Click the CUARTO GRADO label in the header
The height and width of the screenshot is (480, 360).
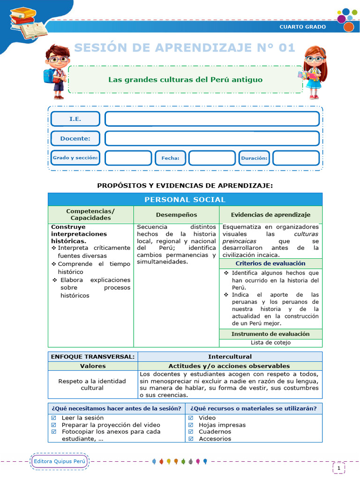[302, 27]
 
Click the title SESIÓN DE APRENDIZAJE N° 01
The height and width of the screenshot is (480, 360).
[185, 48]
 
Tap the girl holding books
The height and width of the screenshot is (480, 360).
[313, 71]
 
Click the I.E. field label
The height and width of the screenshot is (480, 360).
[75, 119]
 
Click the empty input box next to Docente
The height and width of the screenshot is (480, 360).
[212, 138]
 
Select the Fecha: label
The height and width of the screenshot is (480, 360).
[170, 158]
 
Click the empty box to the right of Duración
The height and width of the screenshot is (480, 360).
[296, 158]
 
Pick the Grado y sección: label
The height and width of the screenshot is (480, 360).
[75, 158]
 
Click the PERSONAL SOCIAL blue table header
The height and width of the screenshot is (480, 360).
[185, 200]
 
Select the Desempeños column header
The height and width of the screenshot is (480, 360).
[176, 215]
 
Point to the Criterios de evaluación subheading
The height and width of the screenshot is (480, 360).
[270, 263]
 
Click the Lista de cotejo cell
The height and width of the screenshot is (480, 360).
[270, 343]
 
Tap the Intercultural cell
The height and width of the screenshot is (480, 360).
[230, 357]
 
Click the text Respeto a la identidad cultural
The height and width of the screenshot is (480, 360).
[92, 384]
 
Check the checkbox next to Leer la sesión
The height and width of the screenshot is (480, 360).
[53, 418]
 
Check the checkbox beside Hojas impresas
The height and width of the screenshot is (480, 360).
[191, 425]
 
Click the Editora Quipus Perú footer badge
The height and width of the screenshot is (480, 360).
[60, 461]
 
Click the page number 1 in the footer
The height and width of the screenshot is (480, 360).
[339, 467]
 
